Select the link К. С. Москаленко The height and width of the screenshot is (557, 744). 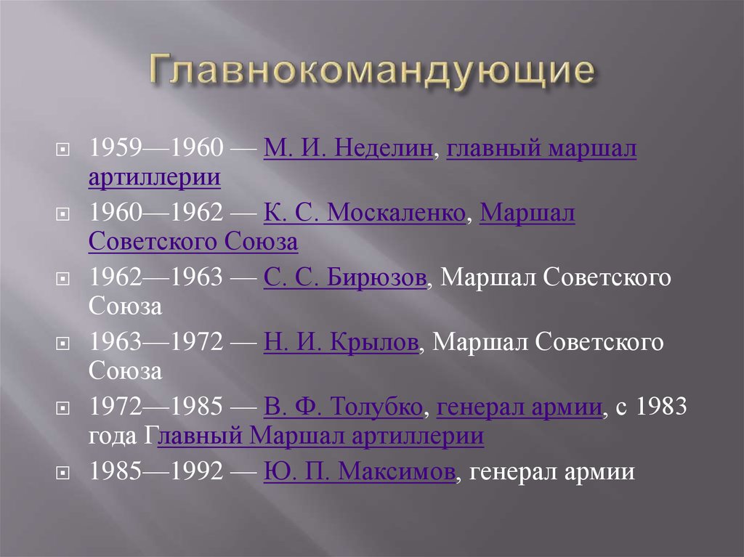pos(364,214)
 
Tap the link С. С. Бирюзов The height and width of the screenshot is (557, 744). pos(344,278)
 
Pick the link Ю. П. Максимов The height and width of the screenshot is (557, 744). pos(360,472)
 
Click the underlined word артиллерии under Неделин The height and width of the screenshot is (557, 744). pos(155,177)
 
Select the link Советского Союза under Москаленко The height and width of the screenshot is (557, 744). pos(193,242)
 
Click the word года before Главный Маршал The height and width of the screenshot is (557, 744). pos(112,436)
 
